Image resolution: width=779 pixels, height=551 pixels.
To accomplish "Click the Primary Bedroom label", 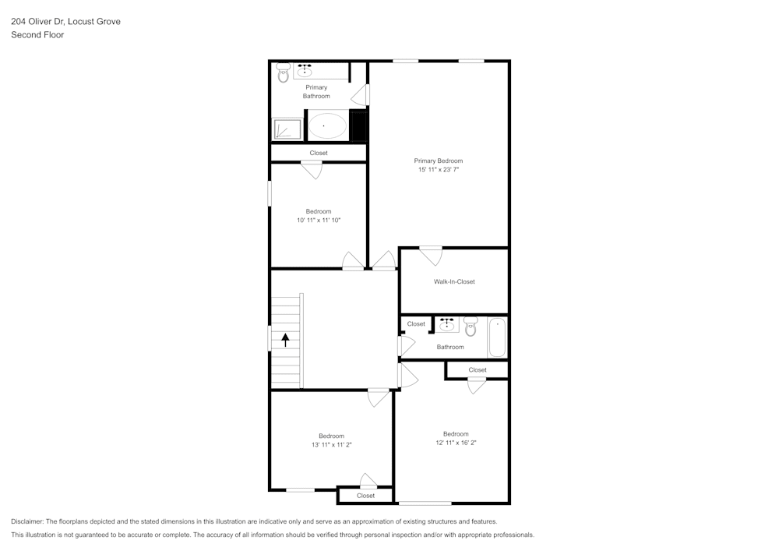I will coord(438,161).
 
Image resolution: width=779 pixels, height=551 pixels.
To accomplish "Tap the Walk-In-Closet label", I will coord(454,281).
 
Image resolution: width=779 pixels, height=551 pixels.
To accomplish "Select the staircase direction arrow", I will coord(285,340).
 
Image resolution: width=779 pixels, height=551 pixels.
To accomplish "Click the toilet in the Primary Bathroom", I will coord(282,73).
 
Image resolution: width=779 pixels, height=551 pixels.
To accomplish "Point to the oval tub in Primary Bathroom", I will coord(327,125).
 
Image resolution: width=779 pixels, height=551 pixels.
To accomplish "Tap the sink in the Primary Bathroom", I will coord(305,72).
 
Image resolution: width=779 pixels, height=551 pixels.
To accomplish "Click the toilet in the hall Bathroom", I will coord(471,326).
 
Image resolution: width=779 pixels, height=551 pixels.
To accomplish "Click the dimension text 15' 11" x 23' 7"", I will coord(438,170).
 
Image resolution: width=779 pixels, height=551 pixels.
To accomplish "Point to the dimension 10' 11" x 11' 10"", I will coord(319,221).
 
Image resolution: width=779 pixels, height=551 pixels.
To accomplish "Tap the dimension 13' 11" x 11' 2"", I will coord(331,445).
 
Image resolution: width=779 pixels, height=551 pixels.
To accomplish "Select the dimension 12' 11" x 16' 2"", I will coord(456,443).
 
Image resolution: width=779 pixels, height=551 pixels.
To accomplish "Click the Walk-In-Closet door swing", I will coord(431,256).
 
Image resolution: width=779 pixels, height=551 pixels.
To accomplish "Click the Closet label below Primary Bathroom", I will coord(319,153).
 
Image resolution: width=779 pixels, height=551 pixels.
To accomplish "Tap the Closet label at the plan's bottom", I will coord(365,496).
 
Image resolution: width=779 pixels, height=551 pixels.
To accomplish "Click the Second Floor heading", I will coord(37,35).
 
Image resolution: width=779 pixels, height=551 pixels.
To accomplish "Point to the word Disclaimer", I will coord(27,521).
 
